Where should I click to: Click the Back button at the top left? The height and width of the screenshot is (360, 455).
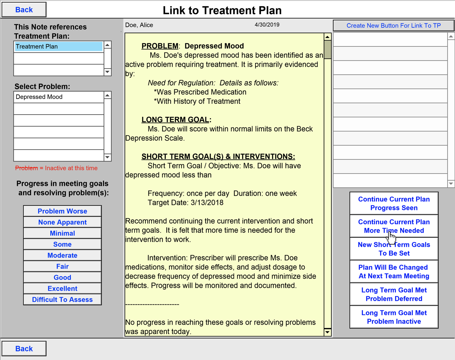[x=24, y=10]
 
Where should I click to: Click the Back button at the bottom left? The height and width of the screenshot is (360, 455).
[x=24, y=349]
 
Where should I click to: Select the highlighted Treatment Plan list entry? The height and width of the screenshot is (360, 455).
[x=59, y=47]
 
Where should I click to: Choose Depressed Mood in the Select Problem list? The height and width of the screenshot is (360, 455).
[x=59, y=97]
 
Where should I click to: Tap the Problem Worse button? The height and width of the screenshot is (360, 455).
[x=62, y=211]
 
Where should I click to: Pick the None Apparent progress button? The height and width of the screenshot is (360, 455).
[x=62, y=222]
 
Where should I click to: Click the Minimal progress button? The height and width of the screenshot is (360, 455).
[x=62, y=233]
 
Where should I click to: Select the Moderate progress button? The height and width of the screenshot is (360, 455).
[x=62, y=256]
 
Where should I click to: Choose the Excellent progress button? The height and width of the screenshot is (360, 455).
[x=62, y=289]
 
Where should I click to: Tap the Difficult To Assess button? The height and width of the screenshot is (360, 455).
[x=62, y=300]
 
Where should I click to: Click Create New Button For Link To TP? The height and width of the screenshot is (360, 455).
[x=394, y=25]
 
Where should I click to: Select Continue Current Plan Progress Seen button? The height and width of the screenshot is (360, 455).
[x=394, y=203]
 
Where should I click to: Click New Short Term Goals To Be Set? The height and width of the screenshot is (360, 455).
[x=394, y=249]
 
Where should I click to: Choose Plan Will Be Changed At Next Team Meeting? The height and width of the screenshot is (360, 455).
[x=394, y=272]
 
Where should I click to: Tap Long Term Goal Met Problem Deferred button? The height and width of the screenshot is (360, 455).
[x=394, y=294]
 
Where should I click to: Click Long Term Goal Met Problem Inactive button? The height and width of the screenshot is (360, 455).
[x=394, y=317]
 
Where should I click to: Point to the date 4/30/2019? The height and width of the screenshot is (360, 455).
[x=267, y=25]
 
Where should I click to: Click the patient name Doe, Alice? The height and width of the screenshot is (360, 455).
[x=139, y=25]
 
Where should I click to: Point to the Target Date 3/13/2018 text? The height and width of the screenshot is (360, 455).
[x=185, y=203]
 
